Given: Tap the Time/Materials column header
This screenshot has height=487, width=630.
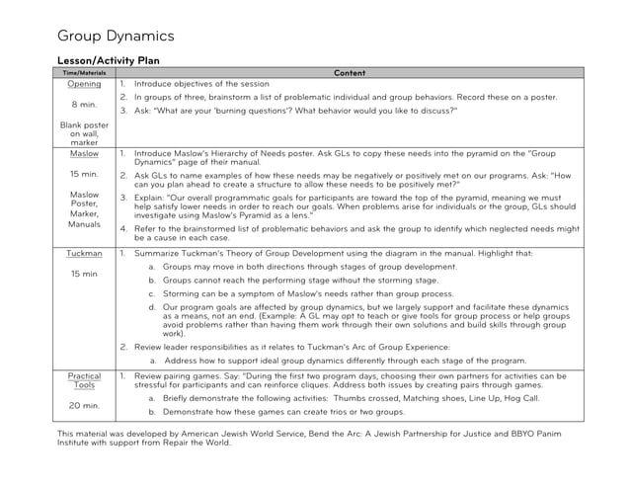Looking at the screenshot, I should pyautogui.click(x=84, y=73).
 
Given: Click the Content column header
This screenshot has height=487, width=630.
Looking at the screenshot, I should pyautogui.click(x=350, y=73).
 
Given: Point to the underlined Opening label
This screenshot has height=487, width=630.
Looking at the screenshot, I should pyautogui.click(x=84, y=84).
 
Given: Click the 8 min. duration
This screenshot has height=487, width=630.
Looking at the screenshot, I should pyautogui.click(x=84, y=103).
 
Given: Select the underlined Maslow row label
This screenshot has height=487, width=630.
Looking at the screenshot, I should pyautogui.click(x=84, y=155).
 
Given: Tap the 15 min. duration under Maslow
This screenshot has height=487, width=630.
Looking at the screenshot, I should pyautogui.click(x=84, y=174).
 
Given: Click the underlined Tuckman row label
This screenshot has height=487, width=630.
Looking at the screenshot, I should pyautogui.click(x=84, y=254).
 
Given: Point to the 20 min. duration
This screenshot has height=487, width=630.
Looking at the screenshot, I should pyautogui.click(x=84, y=406).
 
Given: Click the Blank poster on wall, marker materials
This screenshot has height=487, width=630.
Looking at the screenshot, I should pyautogui.click(x=84, y=133).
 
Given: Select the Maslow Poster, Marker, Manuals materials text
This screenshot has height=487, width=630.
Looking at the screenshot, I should pyautogui.click(x=84, y=209).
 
